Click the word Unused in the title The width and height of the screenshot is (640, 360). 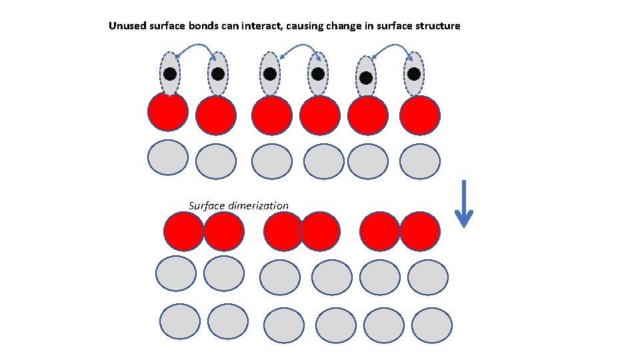point(126,26)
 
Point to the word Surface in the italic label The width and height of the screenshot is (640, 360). point(207,205)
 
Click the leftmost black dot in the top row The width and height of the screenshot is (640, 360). point(170,74)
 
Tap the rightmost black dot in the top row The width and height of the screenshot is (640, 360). point(414,73)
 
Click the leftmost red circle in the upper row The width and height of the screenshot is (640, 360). point(168,111)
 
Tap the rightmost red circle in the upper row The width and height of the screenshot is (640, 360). point(419,115)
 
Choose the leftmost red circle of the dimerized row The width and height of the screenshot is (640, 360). point(183,231)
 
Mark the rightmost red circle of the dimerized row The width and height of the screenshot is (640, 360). point(420,231)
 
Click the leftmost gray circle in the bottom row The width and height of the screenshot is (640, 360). point(180,321)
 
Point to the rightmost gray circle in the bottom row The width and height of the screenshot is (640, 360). point(427,325)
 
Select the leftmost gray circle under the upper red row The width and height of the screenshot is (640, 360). point(168,157)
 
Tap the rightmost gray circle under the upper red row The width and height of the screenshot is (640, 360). point(419,161)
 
